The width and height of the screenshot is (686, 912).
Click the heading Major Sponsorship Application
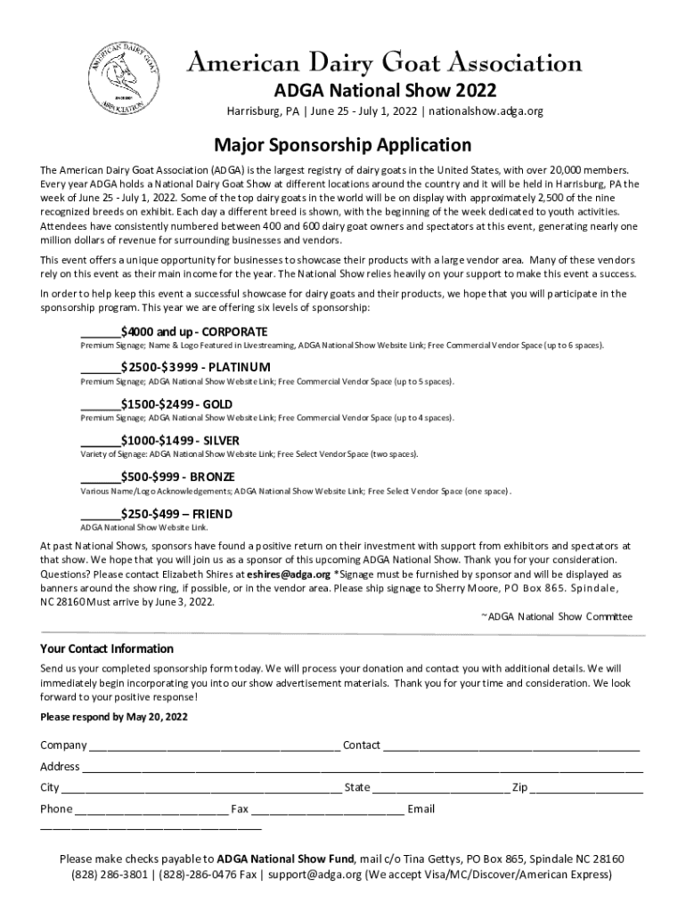point(342,145)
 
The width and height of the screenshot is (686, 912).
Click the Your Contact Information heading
point(107,648)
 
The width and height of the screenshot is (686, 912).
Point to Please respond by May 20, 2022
point(114,716)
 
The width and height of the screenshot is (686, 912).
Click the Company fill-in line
point(214,746)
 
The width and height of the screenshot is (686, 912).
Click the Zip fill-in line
point(587,788)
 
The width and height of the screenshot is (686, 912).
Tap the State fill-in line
point(440,788)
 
